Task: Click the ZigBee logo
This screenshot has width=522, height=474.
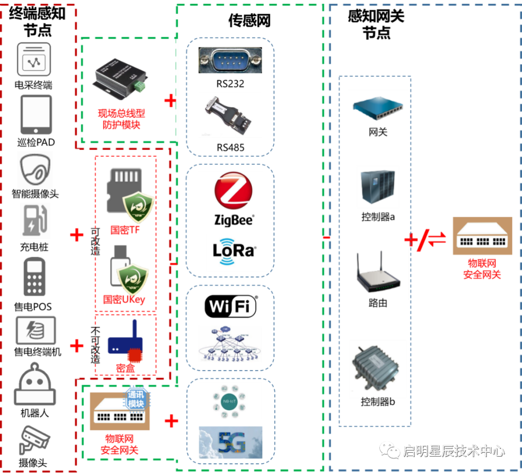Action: click(230, 199)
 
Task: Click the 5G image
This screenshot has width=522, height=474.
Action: click(231, 443)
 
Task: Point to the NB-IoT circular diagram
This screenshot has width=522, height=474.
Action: click(230, 401)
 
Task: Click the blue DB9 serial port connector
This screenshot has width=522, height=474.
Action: click(230, 59)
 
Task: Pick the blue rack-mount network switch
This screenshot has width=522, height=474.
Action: click(378, 107)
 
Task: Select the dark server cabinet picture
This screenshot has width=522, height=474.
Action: click(377, 187)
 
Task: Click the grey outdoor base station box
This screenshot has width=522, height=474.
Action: click(377, 369)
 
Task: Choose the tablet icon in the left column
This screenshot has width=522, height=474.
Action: click(36, 114)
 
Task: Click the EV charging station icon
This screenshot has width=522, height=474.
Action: click(35, 221)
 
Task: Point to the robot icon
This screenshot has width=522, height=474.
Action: click(34, 385)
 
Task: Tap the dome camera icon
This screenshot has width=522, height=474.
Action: click(35, 170)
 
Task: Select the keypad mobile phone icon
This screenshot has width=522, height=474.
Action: click(35, 277)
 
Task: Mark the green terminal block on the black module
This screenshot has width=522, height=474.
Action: click(141, 87)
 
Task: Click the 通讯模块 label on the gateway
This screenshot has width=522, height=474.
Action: click(136, 399)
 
